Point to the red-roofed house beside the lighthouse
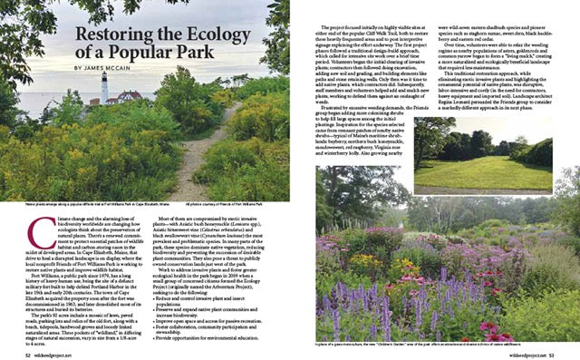(x=127, y=95)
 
